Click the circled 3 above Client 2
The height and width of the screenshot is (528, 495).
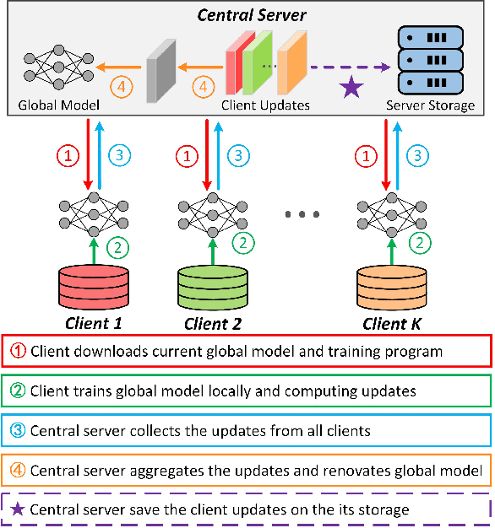click(x=242, y=155)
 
